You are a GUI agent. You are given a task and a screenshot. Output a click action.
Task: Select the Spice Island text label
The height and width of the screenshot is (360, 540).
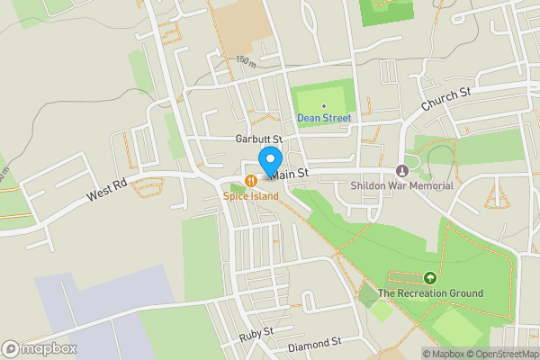coord(251,195)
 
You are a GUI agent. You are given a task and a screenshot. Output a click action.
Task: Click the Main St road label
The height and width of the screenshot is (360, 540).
coord(291,173)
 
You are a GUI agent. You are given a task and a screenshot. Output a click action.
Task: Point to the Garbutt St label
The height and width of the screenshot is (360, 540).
coord(259,139)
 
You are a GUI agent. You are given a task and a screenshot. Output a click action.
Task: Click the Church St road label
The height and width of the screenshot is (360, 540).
coord(447,100)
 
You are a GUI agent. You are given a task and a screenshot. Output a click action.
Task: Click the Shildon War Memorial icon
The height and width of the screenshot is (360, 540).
coord(401,172)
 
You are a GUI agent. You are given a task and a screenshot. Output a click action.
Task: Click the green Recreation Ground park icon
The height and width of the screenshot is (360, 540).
coord(430,279)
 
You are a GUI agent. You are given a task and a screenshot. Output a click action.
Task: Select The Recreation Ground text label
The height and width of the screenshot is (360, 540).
coord(430,293)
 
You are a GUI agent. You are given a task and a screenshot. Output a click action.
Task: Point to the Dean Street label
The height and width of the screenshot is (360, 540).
coord(324,118)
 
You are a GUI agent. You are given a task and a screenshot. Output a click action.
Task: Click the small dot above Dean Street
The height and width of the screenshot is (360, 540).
coord(324,106)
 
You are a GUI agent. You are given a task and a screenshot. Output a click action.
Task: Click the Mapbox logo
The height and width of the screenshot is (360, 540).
coord(39,348)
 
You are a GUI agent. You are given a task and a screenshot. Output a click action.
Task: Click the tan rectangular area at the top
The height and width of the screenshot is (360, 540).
coord(241,27)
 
